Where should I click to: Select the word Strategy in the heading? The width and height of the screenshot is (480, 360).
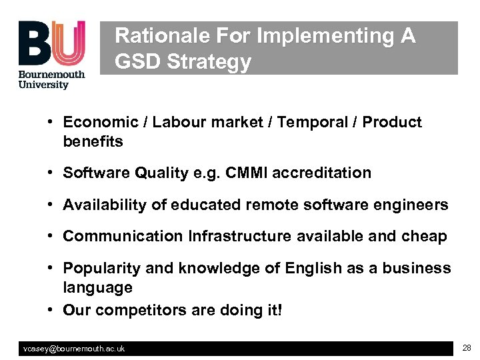tap(209, 62)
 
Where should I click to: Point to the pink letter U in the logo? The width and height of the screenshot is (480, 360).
tap(68, 43)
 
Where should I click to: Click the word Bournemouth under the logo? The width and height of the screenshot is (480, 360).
tap(51, 74)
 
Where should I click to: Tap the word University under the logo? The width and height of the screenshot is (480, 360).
tap(43, 85)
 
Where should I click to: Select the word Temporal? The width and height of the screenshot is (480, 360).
tap(313, 122)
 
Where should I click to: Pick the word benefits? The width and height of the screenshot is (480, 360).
tap(93, 141)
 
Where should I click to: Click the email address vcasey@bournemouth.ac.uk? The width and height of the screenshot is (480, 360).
tap(73, 349)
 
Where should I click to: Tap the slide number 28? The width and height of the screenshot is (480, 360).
tap(466, 348)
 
